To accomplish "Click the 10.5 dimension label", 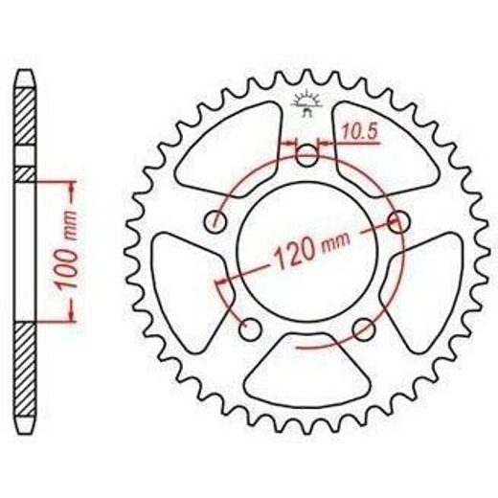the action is [x=360, y=131].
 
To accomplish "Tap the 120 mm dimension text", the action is [x=312, y=251].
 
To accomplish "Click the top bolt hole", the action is [x=306, y=155].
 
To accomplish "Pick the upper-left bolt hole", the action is [x=215, y=221].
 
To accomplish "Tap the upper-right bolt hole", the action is [x=398, y=221].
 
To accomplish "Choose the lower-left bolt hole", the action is [x=250, y=329].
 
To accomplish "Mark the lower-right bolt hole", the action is [x=364, y=329].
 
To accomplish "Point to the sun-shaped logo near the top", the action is [x=306, y=102].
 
